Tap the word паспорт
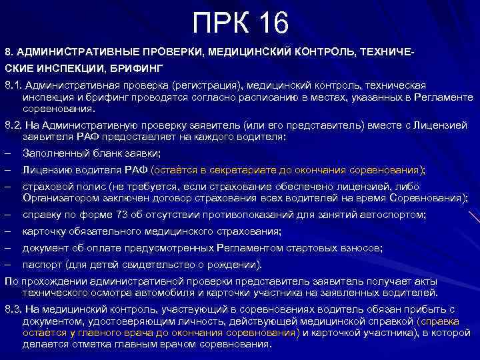coord(41,264)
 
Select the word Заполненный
coord(54,153)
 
